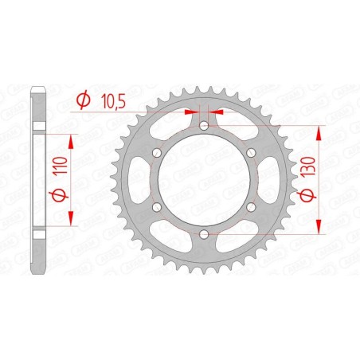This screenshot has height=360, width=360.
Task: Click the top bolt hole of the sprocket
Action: (x=204, y=126)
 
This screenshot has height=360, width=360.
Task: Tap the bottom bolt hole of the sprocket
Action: (x=204, y=234)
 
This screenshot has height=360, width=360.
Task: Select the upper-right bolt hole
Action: (x=251, y=153)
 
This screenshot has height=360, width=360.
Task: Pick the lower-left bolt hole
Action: (x=157, y=207)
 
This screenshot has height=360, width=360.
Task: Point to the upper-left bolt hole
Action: (x=157, y=153)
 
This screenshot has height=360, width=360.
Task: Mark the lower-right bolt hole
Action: (x=251, y=207)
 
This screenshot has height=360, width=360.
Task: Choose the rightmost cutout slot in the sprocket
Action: (x=268, y=180)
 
